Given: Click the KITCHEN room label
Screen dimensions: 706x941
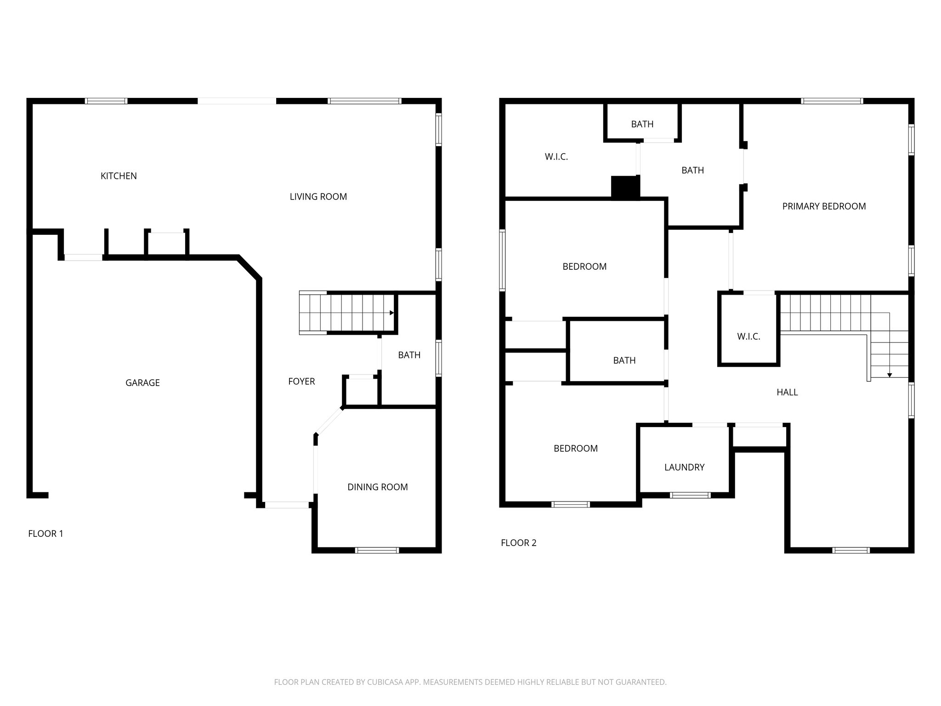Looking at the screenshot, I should (x=119, y=176).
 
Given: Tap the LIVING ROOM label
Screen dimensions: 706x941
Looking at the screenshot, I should (x=318, y=197).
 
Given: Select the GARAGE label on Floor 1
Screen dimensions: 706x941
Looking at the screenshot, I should (x=142, y=383).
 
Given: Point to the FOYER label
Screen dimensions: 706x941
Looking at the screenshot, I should (x=301, y=381).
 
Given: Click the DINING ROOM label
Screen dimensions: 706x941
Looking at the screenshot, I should (x=377, y=487).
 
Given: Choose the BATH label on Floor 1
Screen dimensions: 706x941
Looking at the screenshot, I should (x=409, y=355).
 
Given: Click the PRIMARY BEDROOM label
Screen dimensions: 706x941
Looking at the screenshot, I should (x=824, y=206).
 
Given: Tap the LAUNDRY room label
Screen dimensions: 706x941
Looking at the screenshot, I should (x=684, y=467).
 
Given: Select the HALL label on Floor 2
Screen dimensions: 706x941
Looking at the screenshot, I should (x=787, y=393).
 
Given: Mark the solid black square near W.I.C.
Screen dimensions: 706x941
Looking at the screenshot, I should (x=625, y=188).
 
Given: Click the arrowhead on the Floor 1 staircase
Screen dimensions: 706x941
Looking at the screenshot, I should (x=391, y=313).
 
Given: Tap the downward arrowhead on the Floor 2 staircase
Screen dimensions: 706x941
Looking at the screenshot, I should (x=889, y=376).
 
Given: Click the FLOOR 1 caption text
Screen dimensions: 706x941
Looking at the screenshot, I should (x=45, y=534).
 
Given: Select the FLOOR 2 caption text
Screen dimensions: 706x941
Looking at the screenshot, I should (x=518, y=543).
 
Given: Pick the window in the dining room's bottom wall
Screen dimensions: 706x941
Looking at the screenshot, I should (x=377, y=550).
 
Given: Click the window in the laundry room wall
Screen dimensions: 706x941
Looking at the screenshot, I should (x=690, y=495).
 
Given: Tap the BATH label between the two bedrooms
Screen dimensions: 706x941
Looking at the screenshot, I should (x=624, y=361).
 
